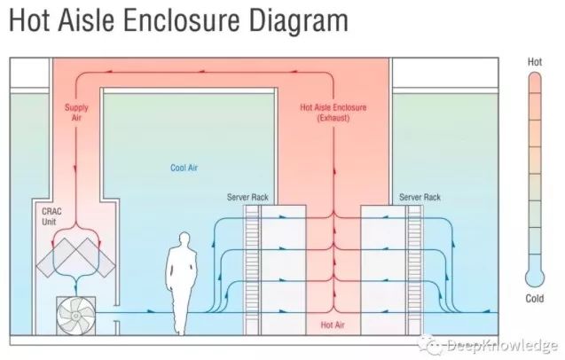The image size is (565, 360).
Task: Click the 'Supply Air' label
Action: click(76, 113)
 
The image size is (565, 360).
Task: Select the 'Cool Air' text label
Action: click(184, 167)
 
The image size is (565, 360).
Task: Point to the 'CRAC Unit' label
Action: click(51, 217)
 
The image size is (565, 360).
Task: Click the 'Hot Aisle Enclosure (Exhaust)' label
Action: click(334, 113)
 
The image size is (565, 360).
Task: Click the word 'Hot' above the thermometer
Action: click(535, 62)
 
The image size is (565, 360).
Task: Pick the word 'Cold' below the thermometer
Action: click(535, 299)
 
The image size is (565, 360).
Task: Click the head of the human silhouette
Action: click(184, 239)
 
